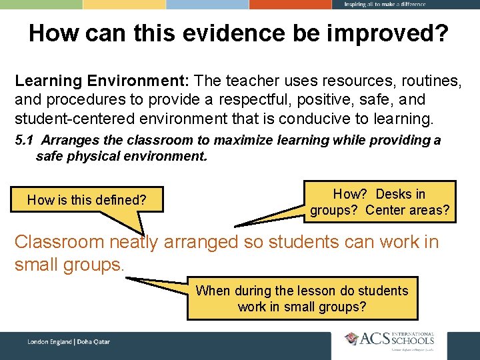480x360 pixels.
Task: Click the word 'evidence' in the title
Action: [x=225, y=33]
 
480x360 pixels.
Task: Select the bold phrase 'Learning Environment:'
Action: [x=103, y=81]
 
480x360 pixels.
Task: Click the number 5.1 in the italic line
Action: [x=25, y=140]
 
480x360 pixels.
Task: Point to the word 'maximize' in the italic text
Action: [x=251, y=140]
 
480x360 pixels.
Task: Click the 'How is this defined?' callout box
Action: [x=87, y=199]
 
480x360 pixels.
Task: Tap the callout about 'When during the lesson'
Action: [x=302, y=299]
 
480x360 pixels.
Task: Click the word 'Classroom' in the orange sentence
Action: [x=59, y=241]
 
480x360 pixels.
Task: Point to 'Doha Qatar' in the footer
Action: [x=93, y=342]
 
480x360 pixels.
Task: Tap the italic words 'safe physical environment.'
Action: [x=122, y=157]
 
